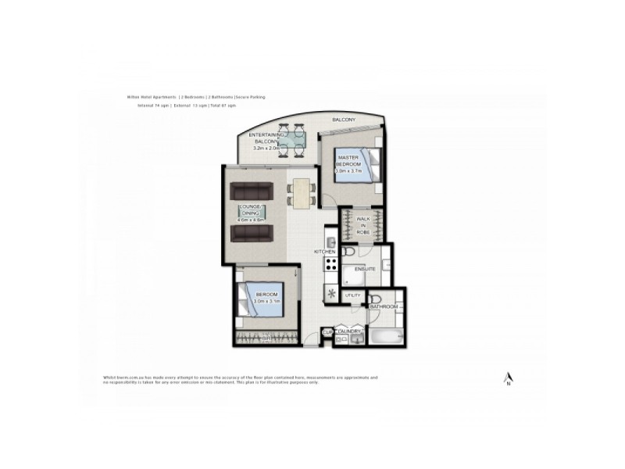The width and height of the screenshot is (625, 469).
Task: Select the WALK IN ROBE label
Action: point(362,224)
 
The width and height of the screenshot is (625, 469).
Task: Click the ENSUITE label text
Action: point(365,269)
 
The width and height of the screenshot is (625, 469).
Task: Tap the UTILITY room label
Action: point(353,295)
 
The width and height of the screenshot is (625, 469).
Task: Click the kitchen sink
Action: point(330,241)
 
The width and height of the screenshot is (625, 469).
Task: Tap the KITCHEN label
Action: point(324,252)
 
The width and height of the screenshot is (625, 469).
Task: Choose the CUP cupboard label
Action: point(327,331)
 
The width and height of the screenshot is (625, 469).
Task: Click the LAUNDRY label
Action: point(348,331)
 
